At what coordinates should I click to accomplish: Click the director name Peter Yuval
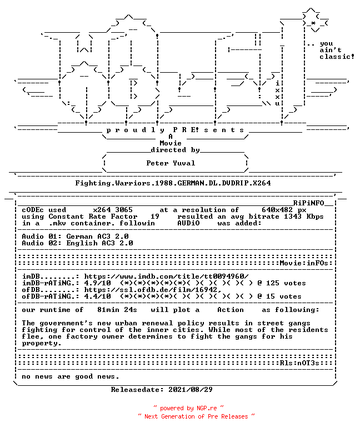(171, 163)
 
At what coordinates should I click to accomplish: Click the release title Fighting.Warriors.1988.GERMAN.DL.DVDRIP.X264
(173, 183)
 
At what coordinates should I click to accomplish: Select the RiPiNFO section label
(308, 203)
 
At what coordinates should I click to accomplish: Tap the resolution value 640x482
(277, 210)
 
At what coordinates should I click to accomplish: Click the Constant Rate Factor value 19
(154, 216)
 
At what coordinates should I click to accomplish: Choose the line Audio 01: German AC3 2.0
(75, 236)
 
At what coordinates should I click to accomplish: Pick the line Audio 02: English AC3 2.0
(77, 243)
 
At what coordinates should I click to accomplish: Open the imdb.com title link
(166, 276)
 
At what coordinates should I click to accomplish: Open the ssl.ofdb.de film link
(153, 290)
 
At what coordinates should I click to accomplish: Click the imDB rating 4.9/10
(97, 283)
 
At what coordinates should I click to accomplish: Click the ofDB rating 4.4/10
(97, 296)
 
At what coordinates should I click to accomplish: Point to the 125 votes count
(286, 283)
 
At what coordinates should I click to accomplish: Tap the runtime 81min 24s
(117, 310)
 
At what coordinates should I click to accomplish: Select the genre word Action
(231, 310)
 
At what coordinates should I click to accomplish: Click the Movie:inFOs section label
(304, 263)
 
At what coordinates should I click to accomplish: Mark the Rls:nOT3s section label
(299, 363)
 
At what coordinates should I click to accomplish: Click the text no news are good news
(71, 376)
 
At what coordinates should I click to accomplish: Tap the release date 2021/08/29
(191, 390)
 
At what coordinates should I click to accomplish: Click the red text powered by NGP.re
(188, 408)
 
